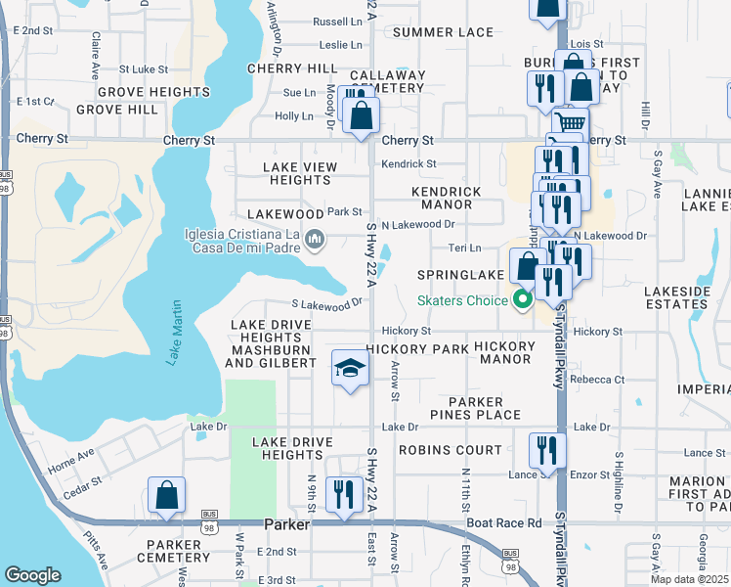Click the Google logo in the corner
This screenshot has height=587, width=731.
[32, 575]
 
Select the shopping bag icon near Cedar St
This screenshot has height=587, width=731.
[167, 496]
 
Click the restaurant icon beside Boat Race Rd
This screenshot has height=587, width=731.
[342, 494]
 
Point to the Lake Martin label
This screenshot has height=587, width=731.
[175, 334]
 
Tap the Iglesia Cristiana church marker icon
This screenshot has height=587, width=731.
[316, 240]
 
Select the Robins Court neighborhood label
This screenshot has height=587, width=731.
[450, 451]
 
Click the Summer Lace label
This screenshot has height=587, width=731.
[443, 32]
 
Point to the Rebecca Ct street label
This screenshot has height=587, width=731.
[597, 380]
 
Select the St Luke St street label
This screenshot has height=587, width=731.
[144, 69]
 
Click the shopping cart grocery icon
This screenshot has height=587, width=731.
[570, 122]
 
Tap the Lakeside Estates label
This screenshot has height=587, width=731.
[685, 298]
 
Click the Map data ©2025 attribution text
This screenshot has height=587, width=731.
[690, 579]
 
